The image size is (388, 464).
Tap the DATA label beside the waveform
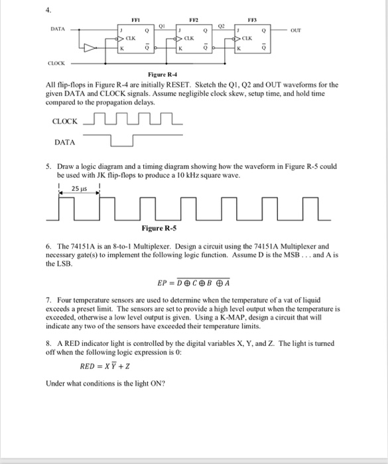[64, 142]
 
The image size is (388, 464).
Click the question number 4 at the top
[48, 9]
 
